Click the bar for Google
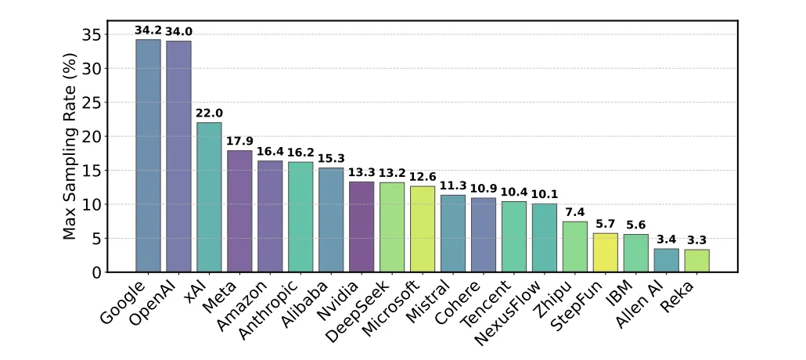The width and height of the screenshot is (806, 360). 148,156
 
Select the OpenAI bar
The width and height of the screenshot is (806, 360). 178,157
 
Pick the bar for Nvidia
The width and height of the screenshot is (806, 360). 362,227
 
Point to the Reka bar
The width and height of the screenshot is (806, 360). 697,261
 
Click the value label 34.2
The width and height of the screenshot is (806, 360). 148,31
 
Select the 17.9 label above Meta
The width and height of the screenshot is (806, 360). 239,142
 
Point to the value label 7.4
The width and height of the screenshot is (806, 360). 575,213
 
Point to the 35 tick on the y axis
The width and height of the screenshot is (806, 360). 91,34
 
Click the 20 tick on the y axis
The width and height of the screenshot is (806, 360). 91,136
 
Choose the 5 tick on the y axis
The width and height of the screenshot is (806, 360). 95,239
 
